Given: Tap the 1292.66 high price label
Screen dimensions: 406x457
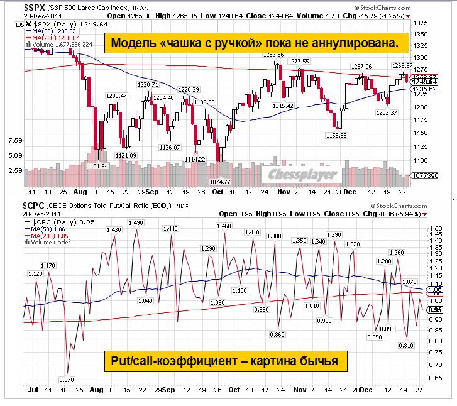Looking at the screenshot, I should pyautogui.click(x=274, y=55).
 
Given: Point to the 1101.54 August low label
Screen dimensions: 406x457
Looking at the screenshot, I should pyautogui.click(x=97, y=166).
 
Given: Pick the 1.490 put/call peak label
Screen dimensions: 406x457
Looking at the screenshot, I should pyautogui.click(x=136, y=223).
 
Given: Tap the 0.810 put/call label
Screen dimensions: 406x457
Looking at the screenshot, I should pyautogui.click(x=405, y=345).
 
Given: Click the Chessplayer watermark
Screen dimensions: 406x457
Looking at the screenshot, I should pyautogui.click(x=304, y=174).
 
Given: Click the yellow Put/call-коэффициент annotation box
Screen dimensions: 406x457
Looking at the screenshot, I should pyautogui.click(x=224, y=361).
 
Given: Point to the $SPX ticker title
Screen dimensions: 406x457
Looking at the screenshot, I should pyautogui.click(x=36, y=6).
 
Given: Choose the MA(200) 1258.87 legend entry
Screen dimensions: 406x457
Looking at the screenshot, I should pyautogui.click(x=53, y=37).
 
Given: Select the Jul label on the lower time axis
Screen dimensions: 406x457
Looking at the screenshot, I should pyautogui.click(x=33, y=390).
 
